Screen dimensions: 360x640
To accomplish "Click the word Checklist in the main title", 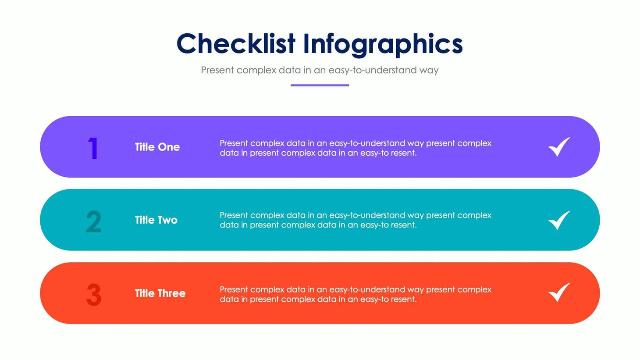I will click(236, 44).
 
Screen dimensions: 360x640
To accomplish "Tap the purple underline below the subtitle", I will click(320, 85).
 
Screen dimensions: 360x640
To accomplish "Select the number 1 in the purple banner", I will click(93, 148).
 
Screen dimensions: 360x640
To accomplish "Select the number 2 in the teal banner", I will click(93, 221).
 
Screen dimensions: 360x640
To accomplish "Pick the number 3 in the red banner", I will click(94, 295).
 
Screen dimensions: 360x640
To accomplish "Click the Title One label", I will click(157, 147).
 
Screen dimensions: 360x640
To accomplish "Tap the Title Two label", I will click(156, 220).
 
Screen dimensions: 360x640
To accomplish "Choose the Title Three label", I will click(160, 293).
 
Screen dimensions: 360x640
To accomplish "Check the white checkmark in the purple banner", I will click(559, 147).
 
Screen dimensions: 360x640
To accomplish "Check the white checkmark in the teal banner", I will click(559, 220).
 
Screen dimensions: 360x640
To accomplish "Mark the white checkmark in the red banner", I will click(559, 292).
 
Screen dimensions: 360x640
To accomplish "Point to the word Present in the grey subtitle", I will click(217, 70).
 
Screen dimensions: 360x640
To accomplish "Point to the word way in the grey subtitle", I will click(429, 71).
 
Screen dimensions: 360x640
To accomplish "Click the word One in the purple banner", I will click(169, 147).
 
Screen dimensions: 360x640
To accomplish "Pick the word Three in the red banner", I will click(172, 293).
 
